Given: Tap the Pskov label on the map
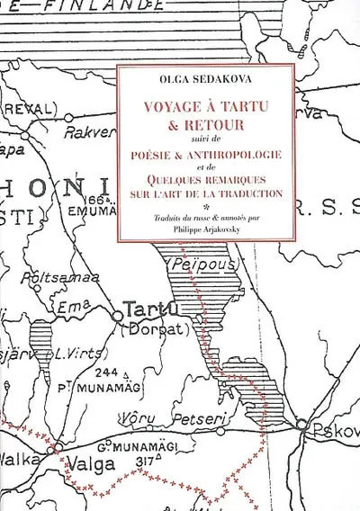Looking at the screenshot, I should [336, 431].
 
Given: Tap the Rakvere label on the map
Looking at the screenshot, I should [90, 132].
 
